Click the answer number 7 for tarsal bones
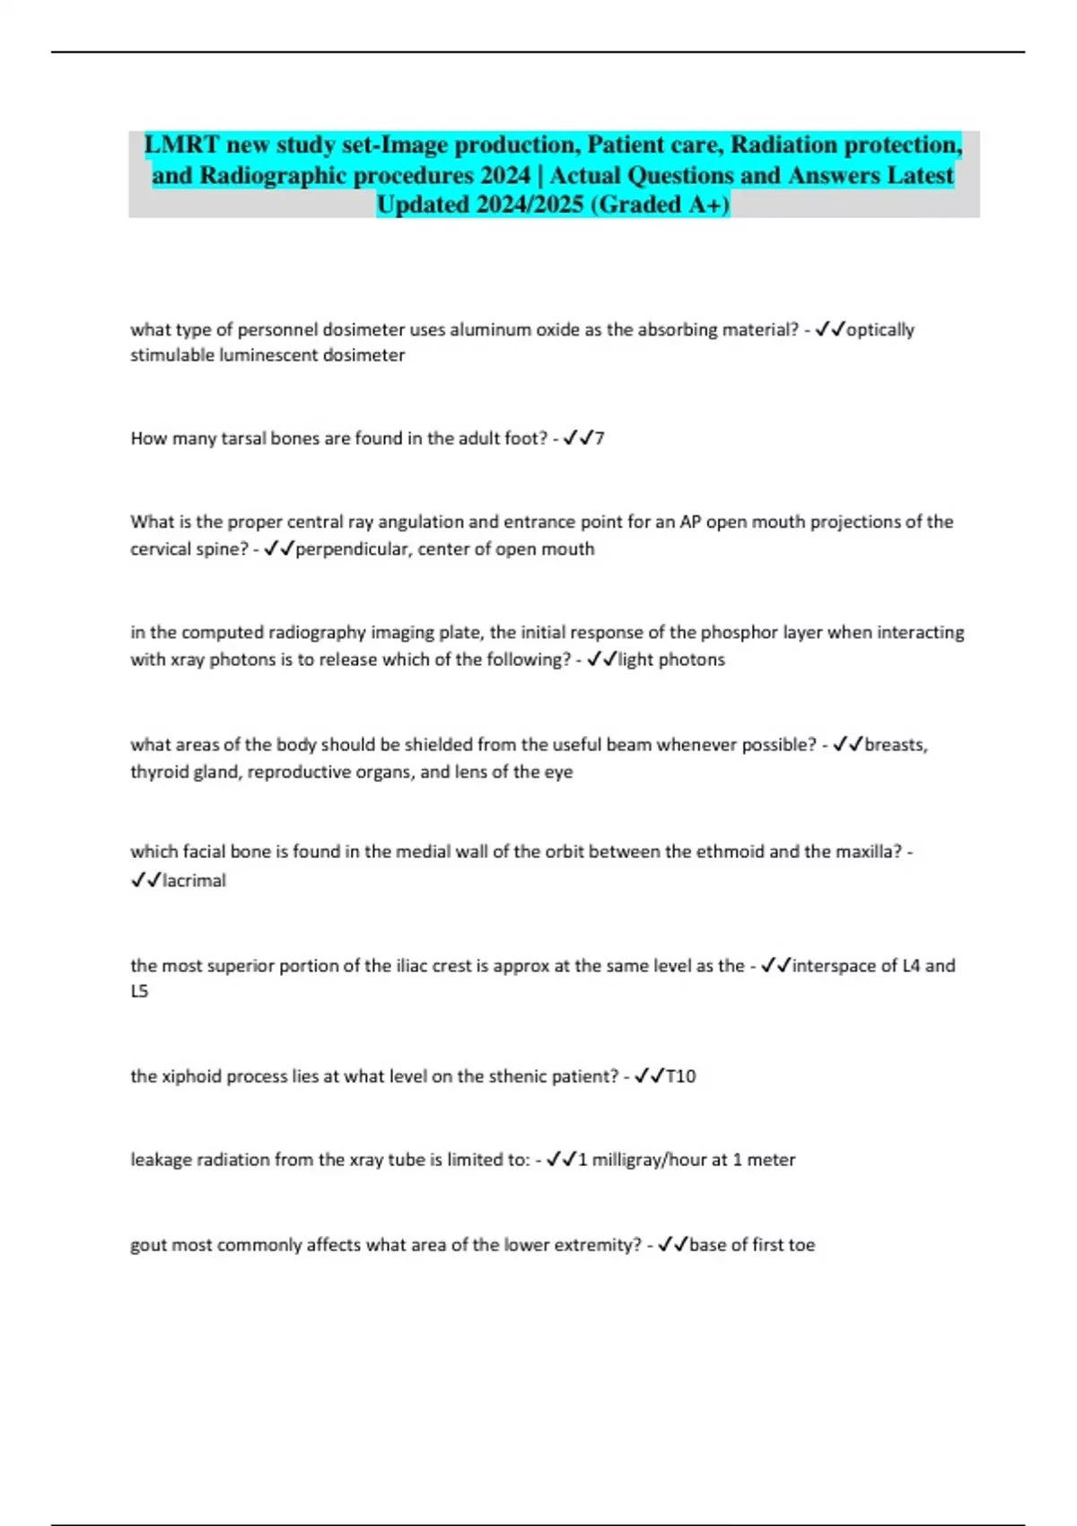coord(600,439)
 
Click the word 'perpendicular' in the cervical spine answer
coord(350,549)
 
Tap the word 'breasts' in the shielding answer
coord(895,745)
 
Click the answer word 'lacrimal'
coord(194,881)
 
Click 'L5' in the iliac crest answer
coord(139,992)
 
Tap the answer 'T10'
coord(680,1076)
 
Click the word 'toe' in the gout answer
coord(801,1245)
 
